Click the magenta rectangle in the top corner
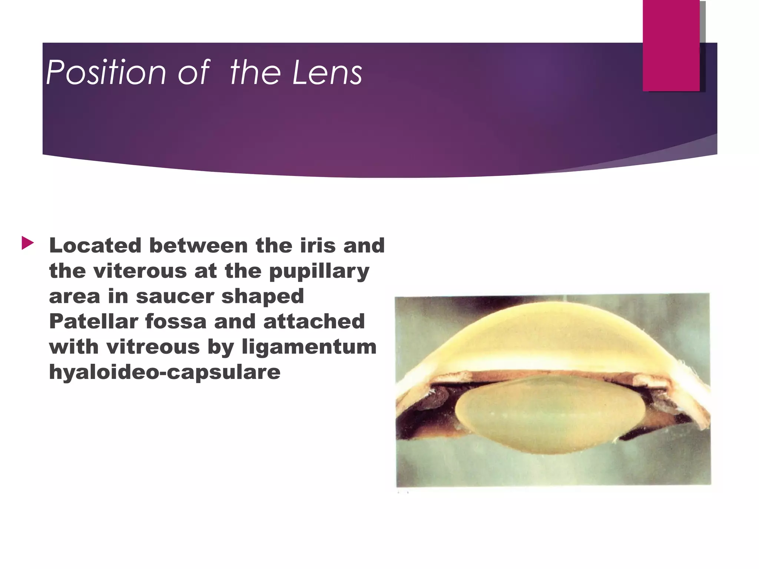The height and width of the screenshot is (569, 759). (671, 45)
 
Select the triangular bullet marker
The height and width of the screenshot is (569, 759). (27, 243)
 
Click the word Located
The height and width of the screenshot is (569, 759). (95, 245)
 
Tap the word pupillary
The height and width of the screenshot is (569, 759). (319, 271)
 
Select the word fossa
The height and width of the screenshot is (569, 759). (176, 321)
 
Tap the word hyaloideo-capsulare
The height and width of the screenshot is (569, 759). (165, 372)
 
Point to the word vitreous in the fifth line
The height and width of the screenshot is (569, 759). (153, 346)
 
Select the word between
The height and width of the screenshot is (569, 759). (198, 245)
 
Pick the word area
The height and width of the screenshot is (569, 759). (74, 296)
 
